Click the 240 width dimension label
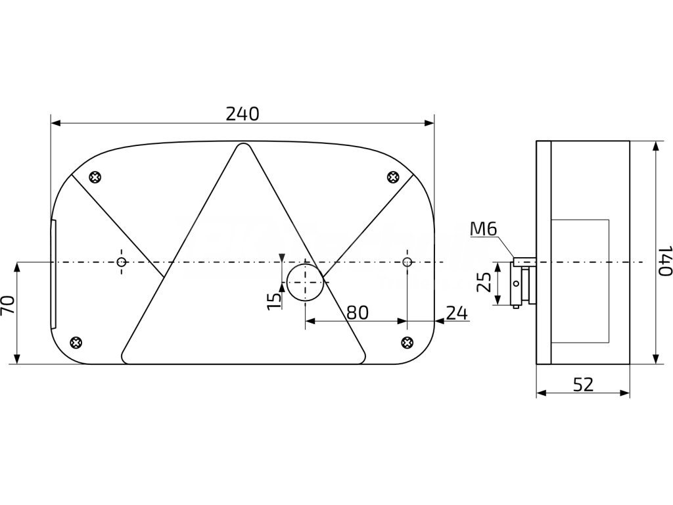coord(242,113)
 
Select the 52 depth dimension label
coord(583,385)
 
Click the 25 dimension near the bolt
coord(484,283)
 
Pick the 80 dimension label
coord(357,312)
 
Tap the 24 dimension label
coord(456,312)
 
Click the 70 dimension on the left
coord(8,307)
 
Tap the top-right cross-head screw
coord(393,176)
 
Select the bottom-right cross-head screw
coord(407,341)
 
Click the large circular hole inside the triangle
coord(304,281)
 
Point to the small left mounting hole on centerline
coord(121,262)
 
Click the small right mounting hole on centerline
coord(407,262)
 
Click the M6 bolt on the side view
coord(524,262)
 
